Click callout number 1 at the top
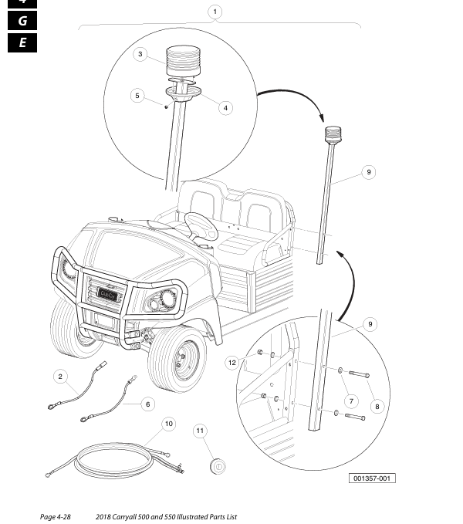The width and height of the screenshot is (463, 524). [x=215, y=12]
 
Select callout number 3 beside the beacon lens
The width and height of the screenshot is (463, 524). [x=140, y=54]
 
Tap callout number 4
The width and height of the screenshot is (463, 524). [x=225, y=108]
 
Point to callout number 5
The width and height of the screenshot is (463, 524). [x=138, y=96]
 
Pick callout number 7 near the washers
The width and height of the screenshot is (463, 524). [x=350, y=401]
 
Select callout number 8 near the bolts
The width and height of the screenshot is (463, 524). [x=377, y=405]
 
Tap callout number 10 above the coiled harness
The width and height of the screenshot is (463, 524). [x=168, y=424]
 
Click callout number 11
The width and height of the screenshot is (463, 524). [x=201, y=430]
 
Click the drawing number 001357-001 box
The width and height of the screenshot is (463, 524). [x=373, y=478]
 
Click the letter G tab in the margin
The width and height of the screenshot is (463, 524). [x=22, y=21]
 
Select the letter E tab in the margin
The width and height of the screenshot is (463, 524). [x=22, y=42]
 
